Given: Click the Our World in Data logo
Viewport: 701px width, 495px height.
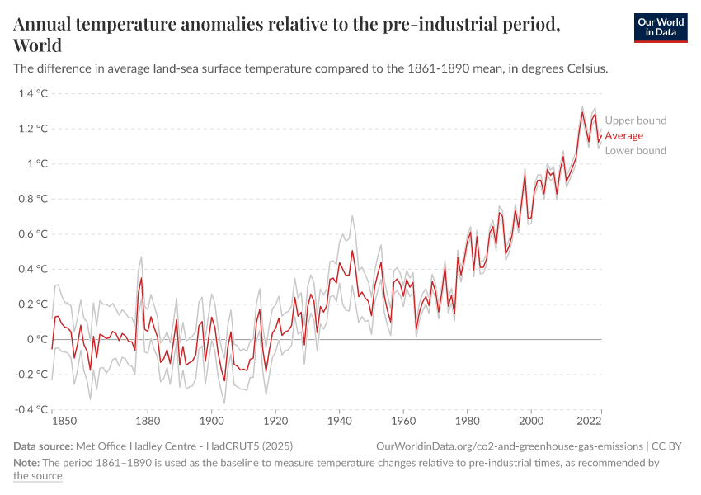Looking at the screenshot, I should [660, 27].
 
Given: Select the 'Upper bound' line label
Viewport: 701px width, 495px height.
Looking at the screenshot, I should [635, 120].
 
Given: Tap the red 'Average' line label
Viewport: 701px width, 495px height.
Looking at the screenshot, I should [623, 135].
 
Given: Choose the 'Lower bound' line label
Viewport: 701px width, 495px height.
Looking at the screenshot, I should [635, 151].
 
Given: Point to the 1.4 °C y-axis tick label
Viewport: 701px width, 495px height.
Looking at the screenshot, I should [31, 93].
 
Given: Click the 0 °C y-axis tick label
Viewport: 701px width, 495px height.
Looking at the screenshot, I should [36, 339].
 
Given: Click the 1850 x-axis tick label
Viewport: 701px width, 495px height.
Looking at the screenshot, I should [64, 421].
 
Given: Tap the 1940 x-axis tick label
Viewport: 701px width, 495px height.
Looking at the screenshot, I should [339, 421].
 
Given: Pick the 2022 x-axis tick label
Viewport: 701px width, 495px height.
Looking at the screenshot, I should [589, 421].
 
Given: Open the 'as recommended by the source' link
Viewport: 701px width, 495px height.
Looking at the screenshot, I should [611, 463].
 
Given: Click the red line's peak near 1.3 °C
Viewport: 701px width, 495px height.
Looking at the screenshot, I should [582, 112].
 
